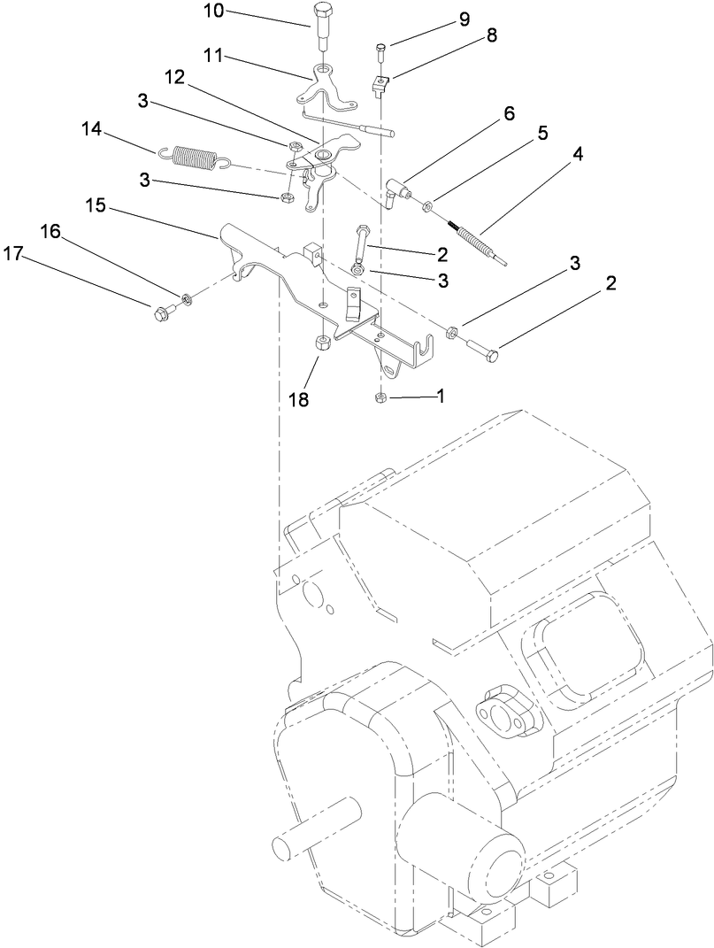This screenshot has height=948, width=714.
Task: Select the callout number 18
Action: click(x=298, y=399)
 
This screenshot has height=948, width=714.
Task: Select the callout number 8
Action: click(x=491, y=35)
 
